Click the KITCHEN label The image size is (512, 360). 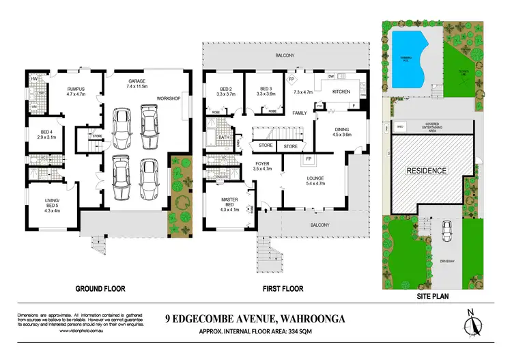point(341,92)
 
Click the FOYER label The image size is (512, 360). point(263,163)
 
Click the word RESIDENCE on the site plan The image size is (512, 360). point(427,170)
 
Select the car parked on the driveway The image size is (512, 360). point(446,232)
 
